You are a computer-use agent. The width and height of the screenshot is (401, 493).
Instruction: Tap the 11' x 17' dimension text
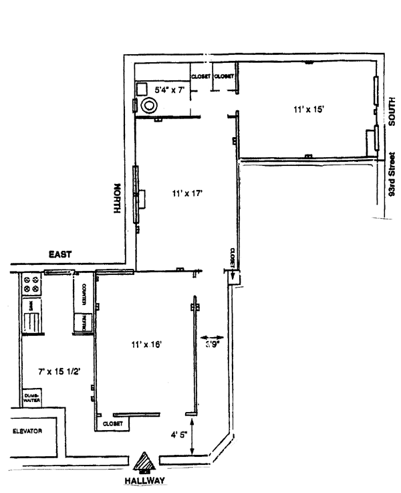(186, 193)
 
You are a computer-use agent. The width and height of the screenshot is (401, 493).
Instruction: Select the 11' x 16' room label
(148, 344)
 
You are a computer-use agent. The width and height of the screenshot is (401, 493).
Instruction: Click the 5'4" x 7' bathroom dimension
(169, 89)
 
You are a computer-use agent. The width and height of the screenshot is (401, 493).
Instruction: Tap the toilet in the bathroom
(148, 104)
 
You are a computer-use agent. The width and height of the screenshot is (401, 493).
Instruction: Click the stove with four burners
(30, 285)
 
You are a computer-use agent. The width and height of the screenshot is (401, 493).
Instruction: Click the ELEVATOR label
(27, 431)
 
